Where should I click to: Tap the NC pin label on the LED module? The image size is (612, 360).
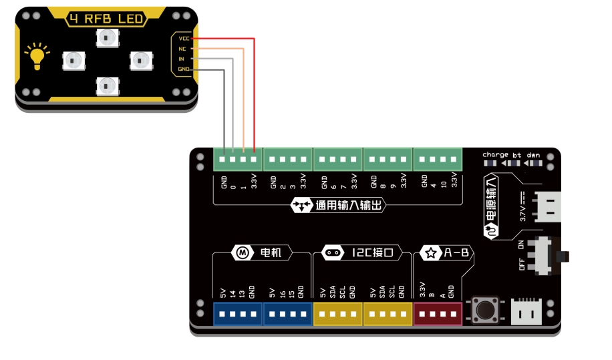182,49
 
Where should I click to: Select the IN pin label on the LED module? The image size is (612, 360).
182,59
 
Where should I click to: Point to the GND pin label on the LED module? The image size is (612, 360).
184,69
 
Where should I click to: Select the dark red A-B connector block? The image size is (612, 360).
438,313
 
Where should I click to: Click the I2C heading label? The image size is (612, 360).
362,252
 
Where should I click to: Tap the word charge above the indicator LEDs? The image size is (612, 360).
495,154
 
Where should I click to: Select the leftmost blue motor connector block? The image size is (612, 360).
238,313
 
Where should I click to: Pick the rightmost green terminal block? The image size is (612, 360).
438,160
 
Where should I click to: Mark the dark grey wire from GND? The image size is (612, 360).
222,107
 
